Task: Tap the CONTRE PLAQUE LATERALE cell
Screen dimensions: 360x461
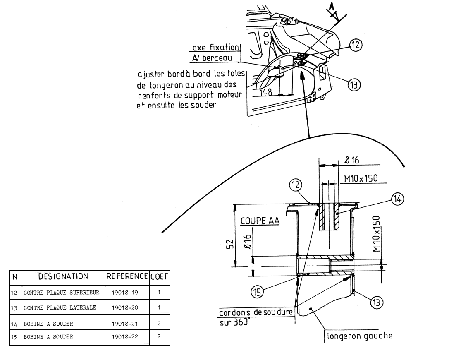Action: tap(61, 307)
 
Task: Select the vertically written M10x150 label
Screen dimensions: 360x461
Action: tap(376, 234)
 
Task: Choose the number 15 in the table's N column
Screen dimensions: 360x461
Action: tap(14, 336)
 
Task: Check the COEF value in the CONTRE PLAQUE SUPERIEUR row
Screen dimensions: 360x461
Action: tap(159, 293)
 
